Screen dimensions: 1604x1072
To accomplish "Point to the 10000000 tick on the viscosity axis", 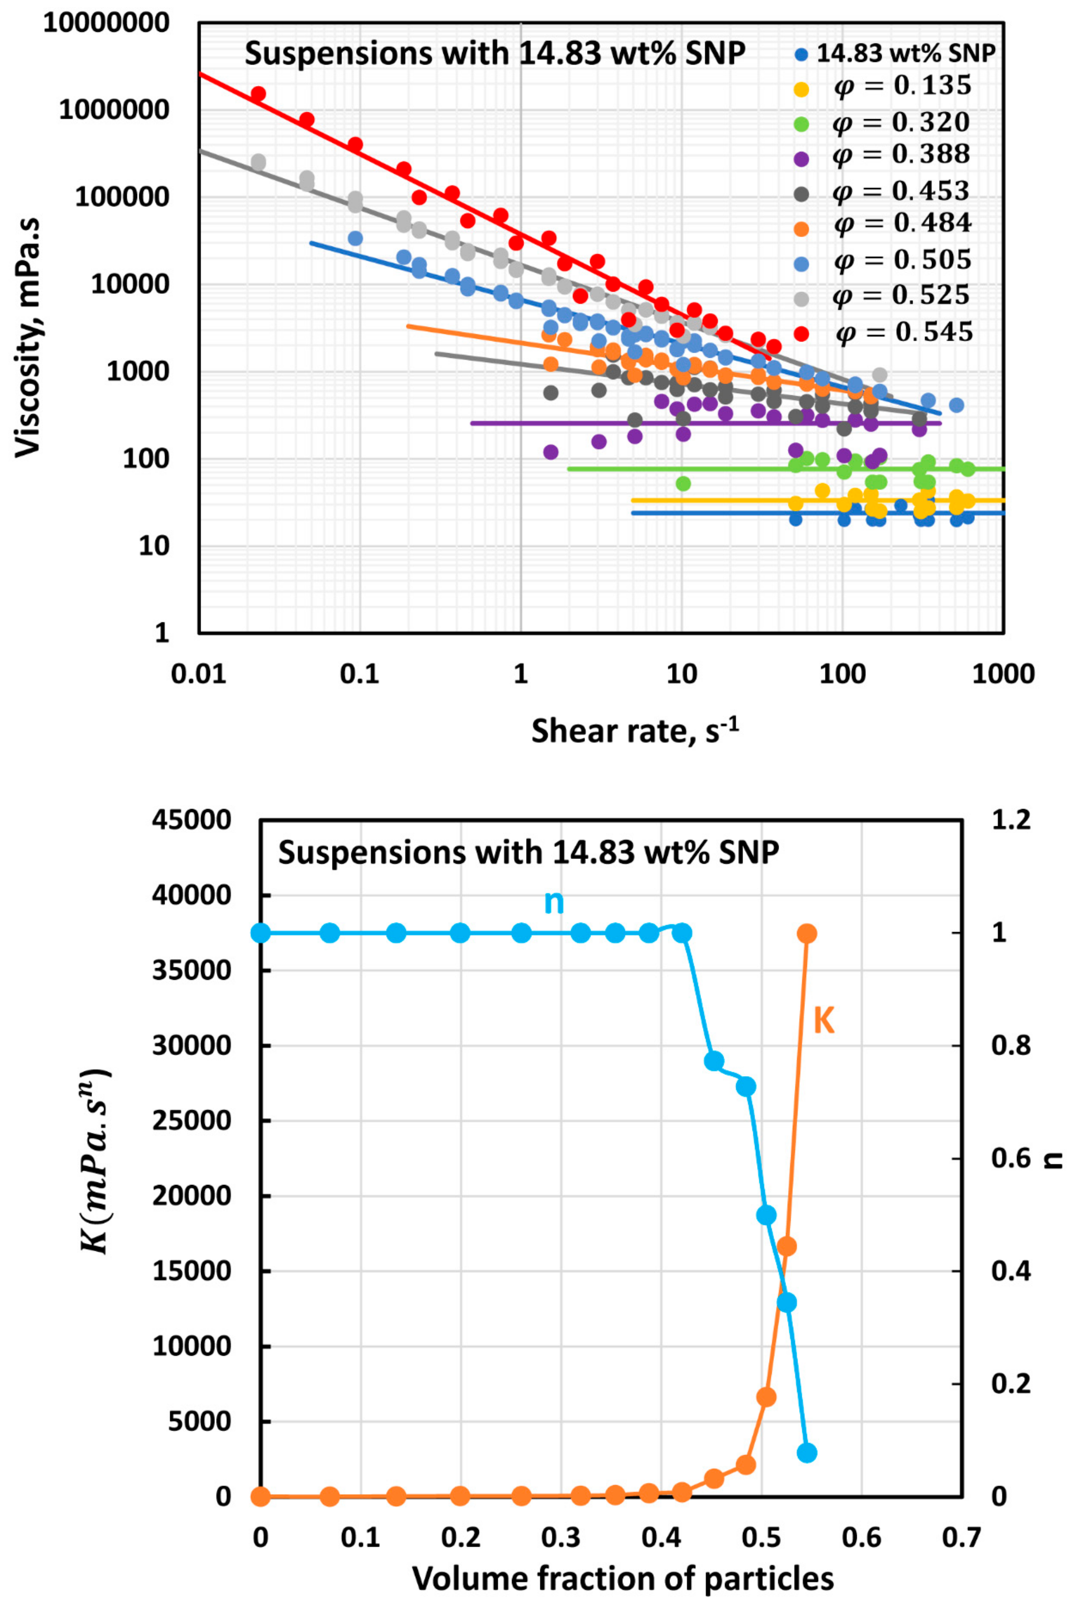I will [106, 23].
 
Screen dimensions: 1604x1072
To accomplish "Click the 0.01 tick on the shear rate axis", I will [198, 674].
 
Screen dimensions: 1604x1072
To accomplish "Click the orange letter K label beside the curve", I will [824, 1021].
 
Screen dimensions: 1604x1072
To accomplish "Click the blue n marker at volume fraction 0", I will [260, 933].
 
